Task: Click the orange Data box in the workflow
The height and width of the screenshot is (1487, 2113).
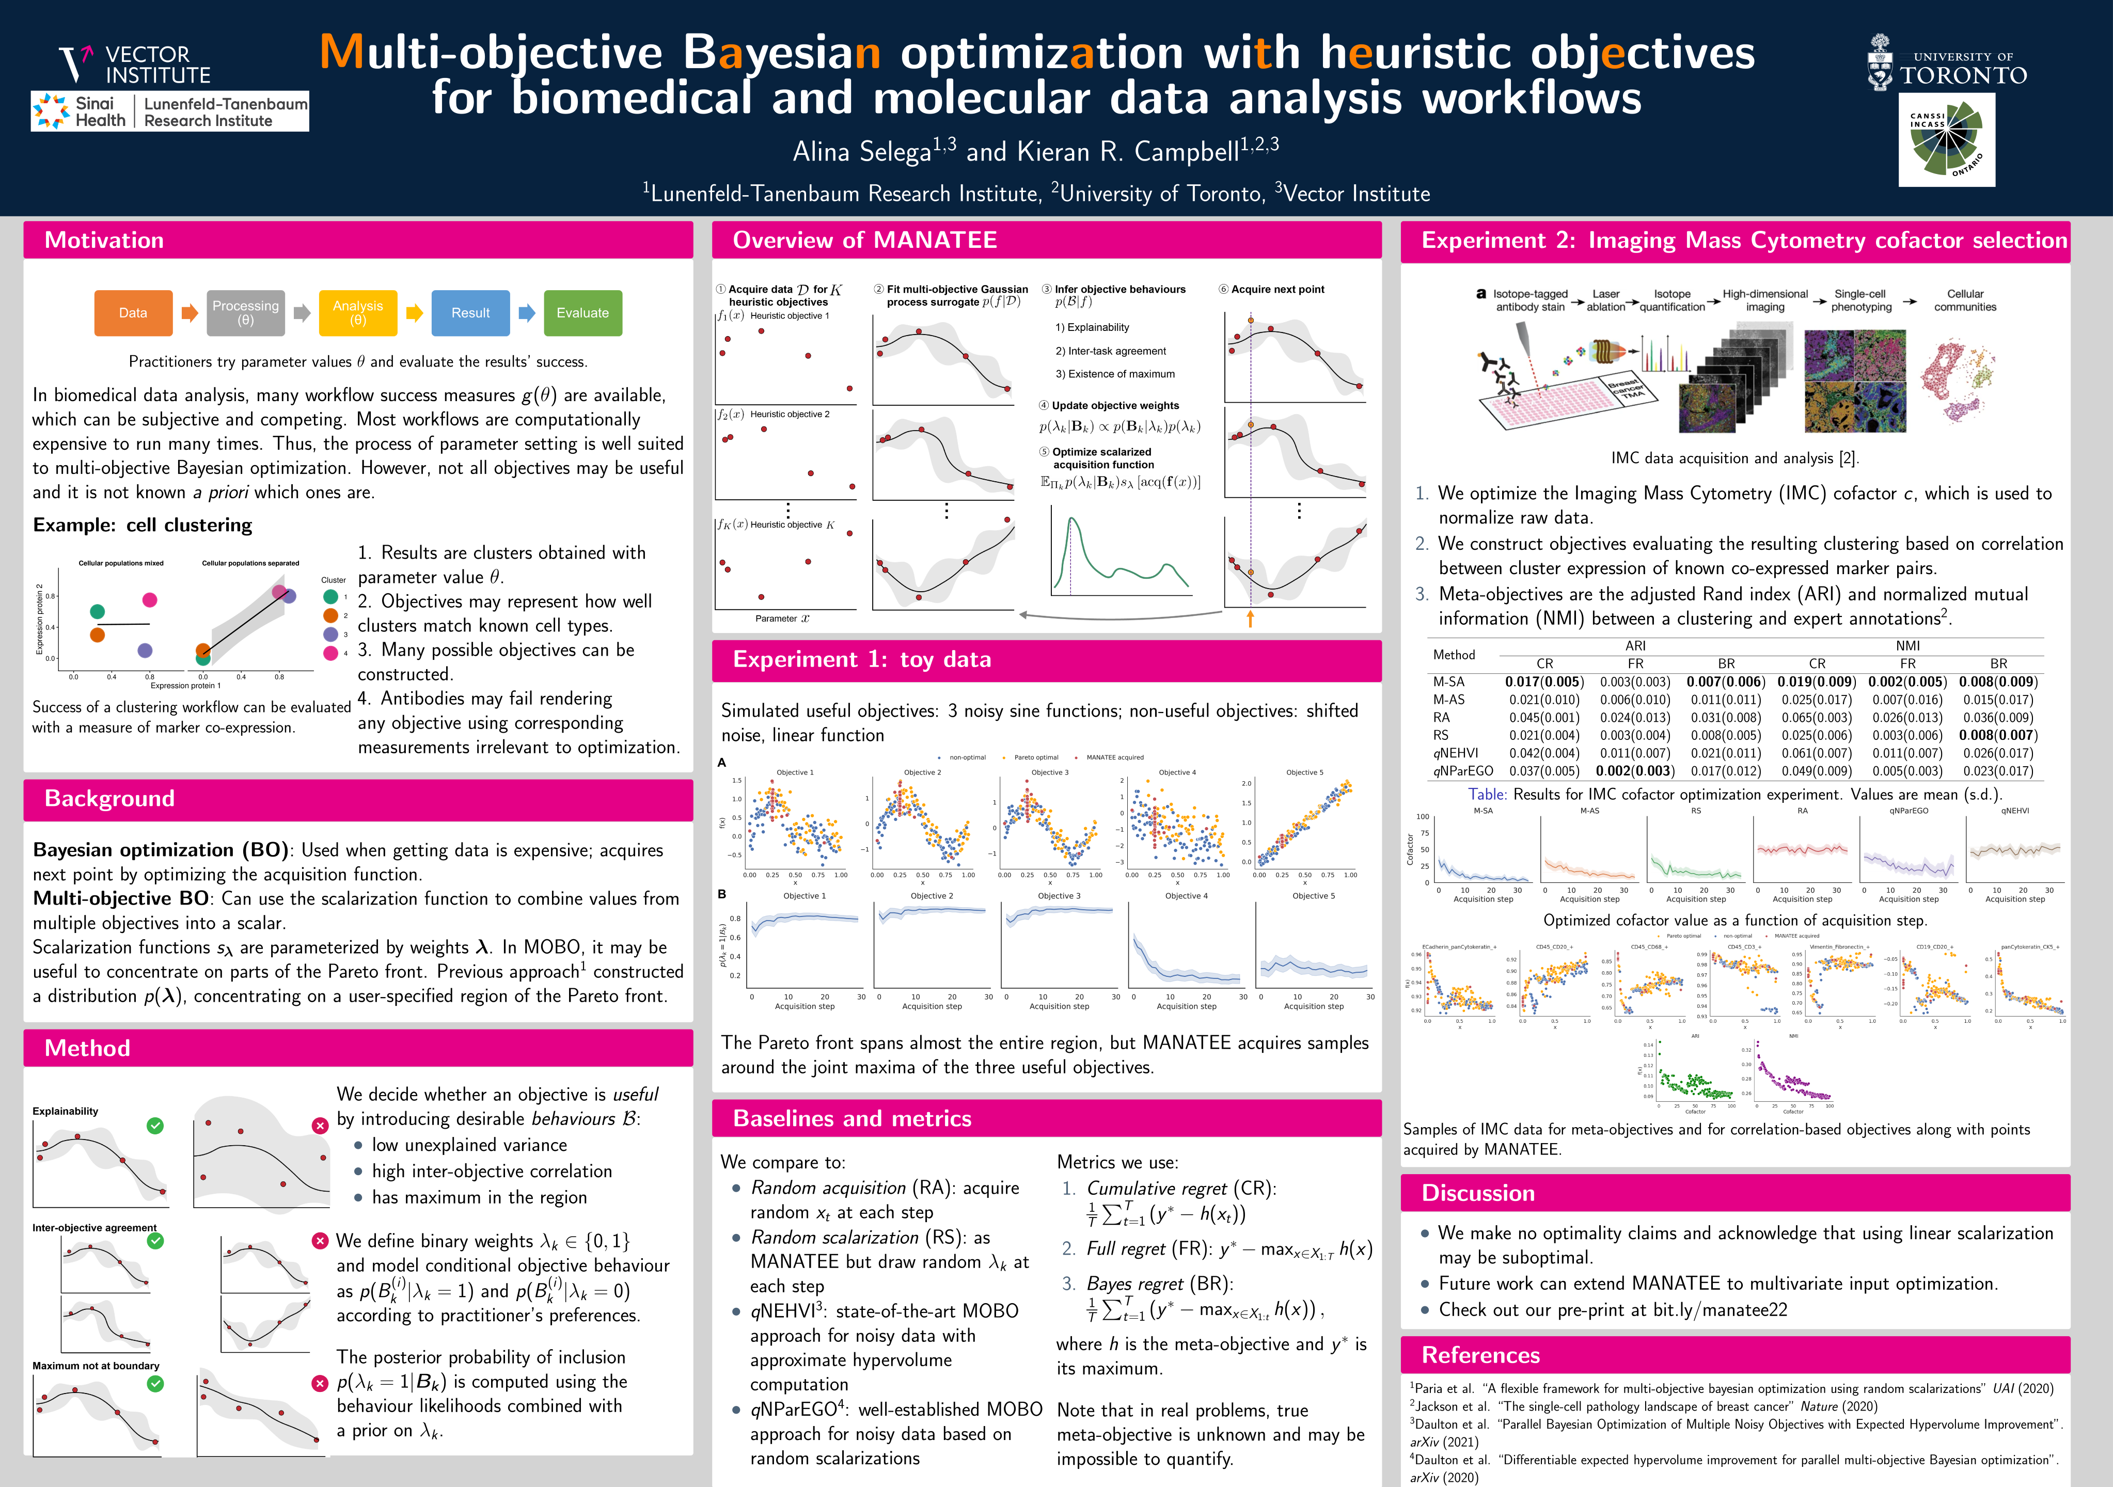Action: click(x=133, y=313)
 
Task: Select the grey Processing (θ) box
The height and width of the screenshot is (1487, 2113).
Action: click(x=245, y=313)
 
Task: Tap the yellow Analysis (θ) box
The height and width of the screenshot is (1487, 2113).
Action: click(x=358, y=313)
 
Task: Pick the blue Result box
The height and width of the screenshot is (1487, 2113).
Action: click(x=470, y=313)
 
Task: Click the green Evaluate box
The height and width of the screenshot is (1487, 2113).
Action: click(x=582, y=313)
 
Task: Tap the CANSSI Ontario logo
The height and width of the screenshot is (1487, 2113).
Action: click(x=1946, y=140)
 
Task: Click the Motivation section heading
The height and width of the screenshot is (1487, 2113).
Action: click(x=104, y=240)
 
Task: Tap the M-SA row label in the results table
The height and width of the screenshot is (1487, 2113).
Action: click(x=1448, y=682)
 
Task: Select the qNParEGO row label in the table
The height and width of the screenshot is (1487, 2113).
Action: click(x=1462, y=771)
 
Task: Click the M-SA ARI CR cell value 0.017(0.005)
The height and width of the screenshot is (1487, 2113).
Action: click(x=1544, y=682)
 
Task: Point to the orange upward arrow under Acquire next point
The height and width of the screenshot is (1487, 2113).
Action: click(x=1250, y=619)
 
